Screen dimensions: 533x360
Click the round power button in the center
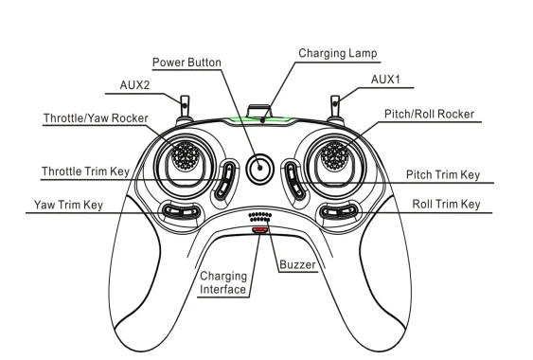pos(260,168)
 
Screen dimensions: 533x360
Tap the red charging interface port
pos(260,230)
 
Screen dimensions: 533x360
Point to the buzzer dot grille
pos(260,217)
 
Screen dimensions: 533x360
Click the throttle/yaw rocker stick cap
pos(186,155)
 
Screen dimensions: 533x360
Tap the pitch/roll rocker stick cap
pos(335,155)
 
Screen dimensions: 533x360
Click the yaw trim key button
pos(180,211)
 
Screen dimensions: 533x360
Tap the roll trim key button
pos(340,211)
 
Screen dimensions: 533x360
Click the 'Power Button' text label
pos(187,63)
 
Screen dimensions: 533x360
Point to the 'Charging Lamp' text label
pos(338,53)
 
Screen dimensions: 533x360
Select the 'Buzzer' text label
pos(297,264)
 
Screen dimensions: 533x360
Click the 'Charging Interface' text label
pos(223,282)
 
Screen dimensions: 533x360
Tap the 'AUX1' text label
pos(385,80)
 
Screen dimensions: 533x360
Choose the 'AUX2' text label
pos(134,85)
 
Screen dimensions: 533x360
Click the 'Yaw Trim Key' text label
pos(68,205)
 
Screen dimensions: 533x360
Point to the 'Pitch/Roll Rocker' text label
pos(429,115)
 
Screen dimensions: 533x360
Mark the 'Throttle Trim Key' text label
pos(85,171)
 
